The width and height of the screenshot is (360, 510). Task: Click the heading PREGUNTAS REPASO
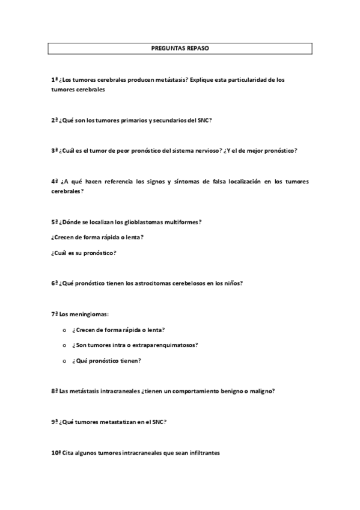180,48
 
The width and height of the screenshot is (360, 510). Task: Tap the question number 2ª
55,120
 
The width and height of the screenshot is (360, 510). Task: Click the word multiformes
178,222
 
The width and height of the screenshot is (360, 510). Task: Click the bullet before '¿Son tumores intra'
64,346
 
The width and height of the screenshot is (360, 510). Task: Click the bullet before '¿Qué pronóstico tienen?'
64,361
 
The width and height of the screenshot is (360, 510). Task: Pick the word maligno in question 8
261,391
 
